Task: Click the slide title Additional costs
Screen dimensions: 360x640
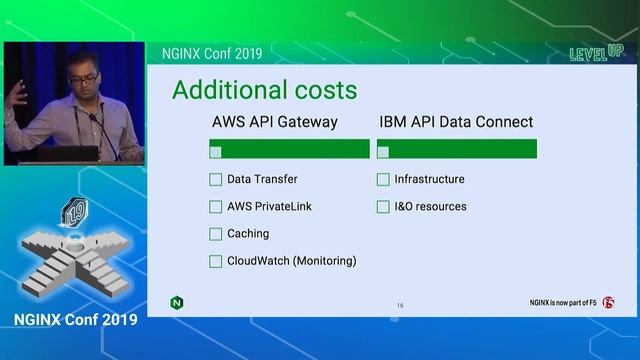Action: coord(264,90)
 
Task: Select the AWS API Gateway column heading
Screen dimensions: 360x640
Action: coord(275,122)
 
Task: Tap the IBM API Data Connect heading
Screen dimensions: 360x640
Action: coord(456,122)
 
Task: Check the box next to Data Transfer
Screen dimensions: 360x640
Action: coord(216,180)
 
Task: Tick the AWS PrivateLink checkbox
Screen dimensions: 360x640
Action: coord(216,207)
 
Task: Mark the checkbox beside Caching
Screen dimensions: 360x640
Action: coord(216,234)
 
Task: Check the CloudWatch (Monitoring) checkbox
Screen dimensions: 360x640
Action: coord(216,261)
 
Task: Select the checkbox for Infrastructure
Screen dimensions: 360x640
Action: coord(383,180)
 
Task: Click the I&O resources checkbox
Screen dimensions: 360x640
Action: coord(383,207)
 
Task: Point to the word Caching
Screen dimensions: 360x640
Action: coord(248,234)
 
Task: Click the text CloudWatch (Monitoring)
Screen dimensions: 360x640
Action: coord(292,261)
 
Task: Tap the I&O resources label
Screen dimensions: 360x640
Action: coord(430,207)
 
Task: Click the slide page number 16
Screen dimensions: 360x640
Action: coord(400,304)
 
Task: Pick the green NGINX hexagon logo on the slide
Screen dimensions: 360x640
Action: coord(177,302)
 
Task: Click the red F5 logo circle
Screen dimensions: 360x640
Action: coord(609,302)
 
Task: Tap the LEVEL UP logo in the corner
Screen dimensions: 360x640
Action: coord(589,52)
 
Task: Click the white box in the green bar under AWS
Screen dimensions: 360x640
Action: coord(216,151)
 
